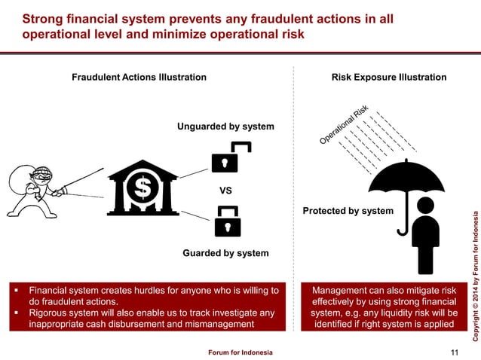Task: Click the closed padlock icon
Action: (227, 221)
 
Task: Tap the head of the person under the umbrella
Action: (426, 205)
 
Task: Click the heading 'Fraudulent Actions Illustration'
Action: (139, 78)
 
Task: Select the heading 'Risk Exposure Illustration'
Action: (389, 78)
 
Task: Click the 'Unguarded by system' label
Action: (225, 126)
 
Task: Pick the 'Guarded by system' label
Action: (225, 253)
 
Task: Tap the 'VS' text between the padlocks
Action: (225, 191)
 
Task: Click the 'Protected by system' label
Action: (348, 211)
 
